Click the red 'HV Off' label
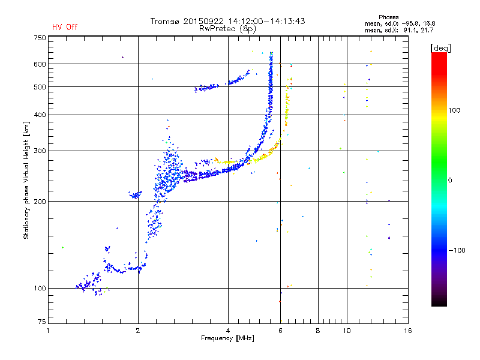point(65,27)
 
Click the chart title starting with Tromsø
point(227,21)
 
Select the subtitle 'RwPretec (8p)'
point(227,29)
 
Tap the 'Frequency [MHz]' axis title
point(227,338)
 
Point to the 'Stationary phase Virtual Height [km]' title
point(26,181)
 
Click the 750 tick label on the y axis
point(40,38)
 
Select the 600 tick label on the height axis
point(40,64)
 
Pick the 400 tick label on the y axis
point(40,115)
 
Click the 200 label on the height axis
point(40,202)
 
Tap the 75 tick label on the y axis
point(42,322)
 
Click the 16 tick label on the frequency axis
point(408,331)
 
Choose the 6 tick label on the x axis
point(280,331)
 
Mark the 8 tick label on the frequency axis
point(318,331)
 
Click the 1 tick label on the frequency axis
point(48,331)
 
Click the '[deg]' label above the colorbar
point(440,48)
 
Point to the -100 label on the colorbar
point(457,250)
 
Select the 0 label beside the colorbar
point(450,180)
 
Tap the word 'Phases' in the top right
point(388,17)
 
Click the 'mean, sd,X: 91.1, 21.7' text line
point(399,31)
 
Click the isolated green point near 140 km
point(63,247)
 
